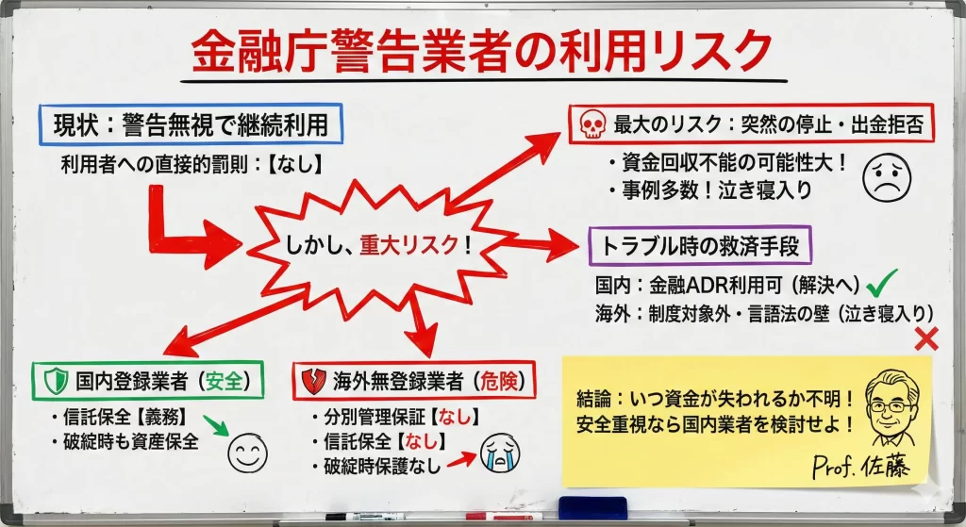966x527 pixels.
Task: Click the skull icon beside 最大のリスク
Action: [x=592, y=124]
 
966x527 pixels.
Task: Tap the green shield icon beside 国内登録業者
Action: [x=56, y=381]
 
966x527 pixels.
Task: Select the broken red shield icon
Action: [x=313, y=382]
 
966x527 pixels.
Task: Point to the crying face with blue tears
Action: [x=500, y=453]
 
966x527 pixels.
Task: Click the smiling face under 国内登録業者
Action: [x=248, y=453]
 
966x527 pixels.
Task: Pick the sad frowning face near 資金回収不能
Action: [x=887, y=176]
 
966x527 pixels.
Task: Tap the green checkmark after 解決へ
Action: [x=882, y=283]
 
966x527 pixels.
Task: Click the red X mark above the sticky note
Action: [x=926, y=338]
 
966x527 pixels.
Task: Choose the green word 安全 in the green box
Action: [x=225, y=381]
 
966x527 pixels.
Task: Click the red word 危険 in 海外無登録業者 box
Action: [x=499, y=382]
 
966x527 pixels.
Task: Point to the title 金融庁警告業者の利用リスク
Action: [x=482, y=52]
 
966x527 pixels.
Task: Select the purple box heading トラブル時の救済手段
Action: [x=700, y=246]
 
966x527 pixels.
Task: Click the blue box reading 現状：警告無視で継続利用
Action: [x=191, y=125]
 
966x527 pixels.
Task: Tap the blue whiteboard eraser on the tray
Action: [x=592, y=508]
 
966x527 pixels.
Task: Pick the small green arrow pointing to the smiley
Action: [x=216, y=425]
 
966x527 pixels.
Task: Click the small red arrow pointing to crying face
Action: [x=461, y=459]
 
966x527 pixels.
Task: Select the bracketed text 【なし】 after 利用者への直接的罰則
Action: [x=295, y=164]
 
